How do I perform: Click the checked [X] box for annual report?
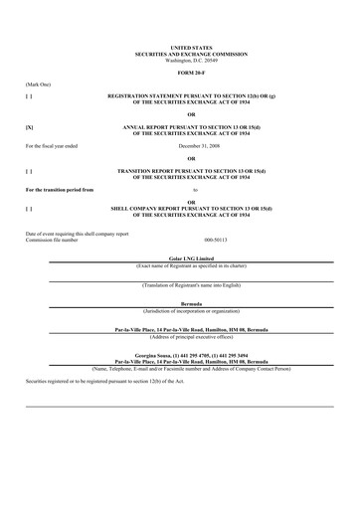click(x=29, y=128)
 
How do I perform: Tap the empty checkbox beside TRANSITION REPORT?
click(x=29, y=172)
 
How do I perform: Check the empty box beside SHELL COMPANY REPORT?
click(x=29, y=210)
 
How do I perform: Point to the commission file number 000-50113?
click(x=215, y=240)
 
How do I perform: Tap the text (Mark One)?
click(x=38, y=85)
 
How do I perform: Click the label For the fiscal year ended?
click(x=51, y=145)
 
